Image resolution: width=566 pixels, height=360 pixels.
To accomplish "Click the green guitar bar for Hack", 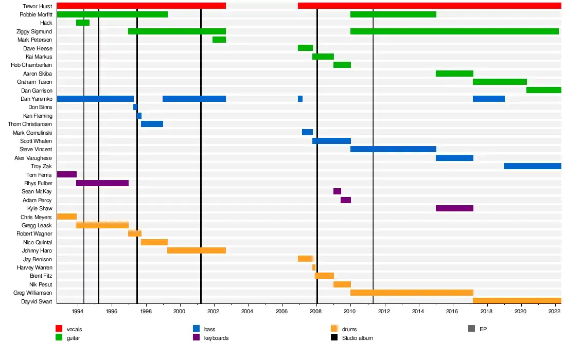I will click(x=83, y=23).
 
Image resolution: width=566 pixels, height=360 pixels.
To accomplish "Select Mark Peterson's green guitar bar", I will click(x=219, y=40).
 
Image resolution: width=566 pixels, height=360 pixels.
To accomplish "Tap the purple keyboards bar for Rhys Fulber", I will click(x=102, y=183).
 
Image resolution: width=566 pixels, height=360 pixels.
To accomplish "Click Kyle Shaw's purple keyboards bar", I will click(x=454, y=208).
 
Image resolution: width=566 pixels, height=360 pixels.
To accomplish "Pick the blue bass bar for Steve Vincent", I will click(x=393, y=149).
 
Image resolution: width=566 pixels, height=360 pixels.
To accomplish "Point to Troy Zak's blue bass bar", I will click(x=533, y=166).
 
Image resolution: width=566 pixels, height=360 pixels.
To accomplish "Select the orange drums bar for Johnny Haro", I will click(x=197, y=250).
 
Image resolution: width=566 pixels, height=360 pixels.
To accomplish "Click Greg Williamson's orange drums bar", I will click(x=412, y=293).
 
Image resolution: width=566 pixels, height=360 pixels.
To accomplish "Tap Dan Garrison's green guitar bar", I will click(x=544, y=91).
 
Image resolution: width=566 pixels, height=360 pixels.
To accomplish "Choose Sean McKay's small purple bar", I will click(x=337, y=191).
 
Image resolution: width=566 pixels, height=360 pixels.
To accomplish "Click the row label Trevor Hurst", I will click(x=38, y=6).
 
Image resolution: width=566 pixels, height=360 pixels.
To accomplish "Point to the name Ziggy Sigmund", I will click(x=34, y=31).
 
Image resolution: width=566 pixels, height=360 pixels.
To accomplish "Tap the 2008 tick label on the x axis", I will click(x=316, y=312).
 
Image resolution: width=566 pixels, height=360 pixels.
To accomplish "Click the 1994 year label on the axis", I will click(x=78, y=312).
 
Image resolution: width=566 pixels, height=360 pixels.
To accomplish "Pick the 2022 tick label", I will click(x=555, y=312).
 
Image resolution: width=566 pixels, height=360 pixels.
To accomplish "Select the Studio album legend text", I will click(x=358, y=338).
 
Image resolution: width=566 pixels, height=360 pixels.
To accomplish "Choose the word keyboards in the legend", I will click(x=216, y=338).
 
